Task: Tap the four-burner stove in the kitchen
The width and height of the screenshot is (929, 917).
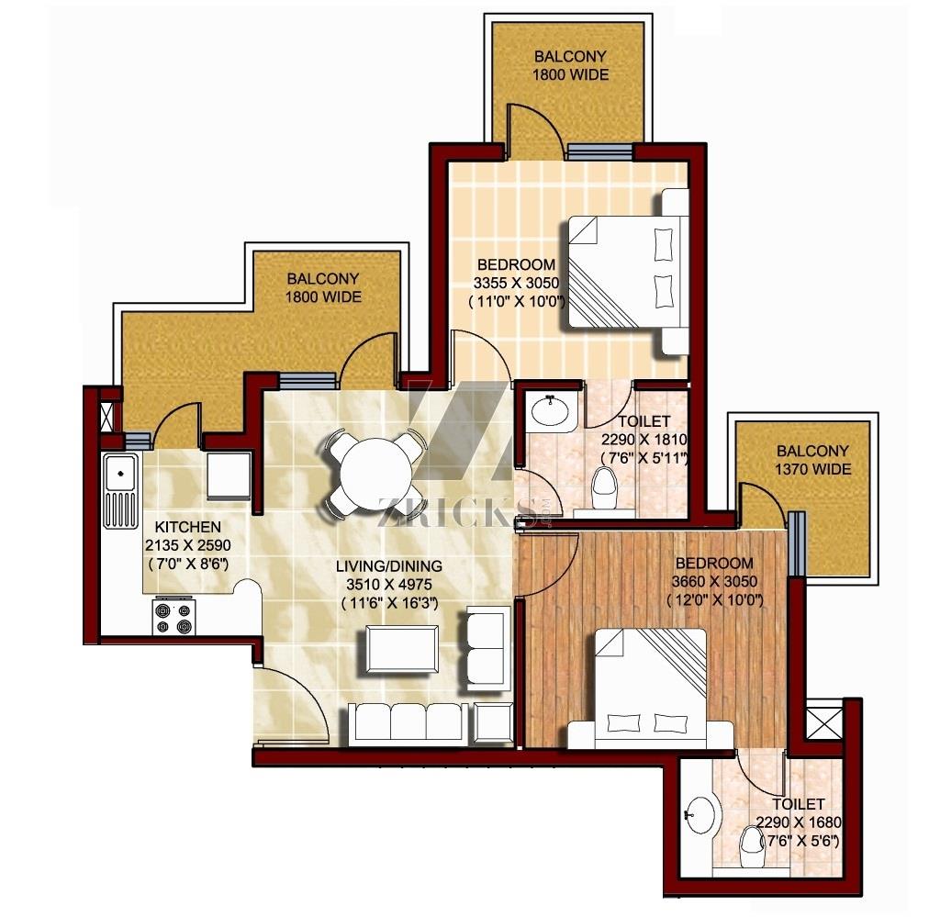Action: coord(173,617)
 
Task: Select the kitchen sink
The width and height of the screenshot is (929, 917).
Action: coord(121,490)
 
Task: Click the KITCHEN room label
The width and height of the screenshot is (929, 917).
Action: coord(188,527)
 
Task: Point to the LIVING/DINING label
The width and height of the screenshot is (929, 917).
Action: coord(388,566)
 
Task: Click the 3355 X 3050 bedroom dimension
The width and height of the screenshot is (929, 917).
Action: coord(516,283)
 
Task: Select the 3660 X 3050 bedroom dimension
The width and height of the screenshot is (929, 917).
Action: coord(714,581)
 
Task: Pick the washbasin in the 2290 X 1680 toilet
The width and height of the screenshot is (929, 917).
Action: coord(701,814)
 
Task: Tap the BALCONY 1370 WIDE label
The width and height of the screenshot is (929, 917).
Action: coord(813,460)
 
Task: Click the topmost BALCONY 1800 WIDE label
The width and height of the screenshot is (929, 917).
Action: coord(571,66)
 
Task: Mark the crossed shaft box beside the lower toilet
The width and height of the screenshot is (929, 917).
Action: coord(824,719)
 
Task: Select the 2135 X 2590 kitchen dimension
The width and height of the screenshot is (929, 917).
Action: coord(188,545)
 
